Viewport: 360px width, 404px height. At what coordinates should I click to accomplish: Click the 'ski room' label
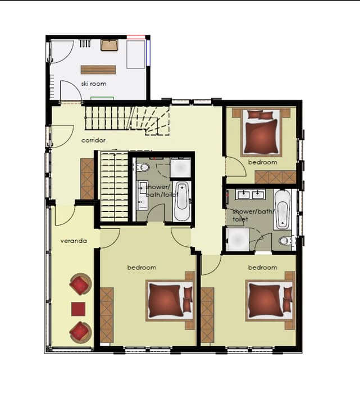tap(94, 84)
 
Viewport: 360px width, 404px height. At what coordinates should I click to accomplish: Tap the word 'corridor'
tap(93, 140)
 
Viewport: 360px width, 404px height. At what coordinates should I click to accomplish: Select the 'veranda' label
tap(74, 241)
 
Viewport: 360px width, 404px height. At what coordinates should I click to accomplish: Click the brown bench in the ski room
tap(98, 70)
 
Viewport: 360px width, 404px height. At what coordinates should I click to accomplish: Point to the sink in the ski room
tap(110, 45)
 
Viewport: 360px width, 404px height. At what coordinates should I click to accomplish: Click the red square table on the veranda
tap(78, 309)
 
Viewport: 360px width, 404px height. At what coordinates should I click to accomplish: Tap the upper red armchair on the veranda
tap(80, 284)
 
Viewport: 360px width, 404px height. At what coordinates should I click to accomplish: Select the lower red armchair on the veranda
tap(80, 332)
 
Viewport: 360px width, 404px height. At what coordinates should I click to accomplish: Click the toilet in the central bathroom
tap(143, 167)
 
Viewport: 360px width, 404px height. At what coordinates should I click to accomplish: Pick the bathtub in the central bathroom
tap(182, 201)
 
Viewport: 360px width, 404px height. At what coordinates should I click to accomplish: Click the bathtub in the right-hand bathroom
tap(282, 209)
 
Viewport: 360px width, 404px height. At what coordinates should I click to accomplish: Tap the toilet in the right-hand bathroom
tap(286, 241)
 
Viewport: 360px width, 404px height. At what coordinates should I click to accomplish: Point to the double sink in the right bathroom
tap(250, 194)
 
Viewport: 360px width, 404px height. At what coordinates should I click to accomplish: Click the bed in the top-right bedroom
tap(261, 132)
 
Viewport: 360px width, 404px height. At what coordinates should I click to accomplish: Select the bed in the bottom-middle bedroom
tap(170, 301)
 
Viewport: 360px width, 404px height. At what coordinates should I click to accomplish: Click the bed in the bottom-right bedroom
tap(270, 300)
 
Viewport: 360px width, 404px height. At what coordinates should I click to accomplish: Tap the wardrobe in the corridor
tap(87, 179)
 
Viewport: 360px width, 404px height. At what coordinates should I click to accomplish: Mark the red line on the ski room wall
tap(136, 38)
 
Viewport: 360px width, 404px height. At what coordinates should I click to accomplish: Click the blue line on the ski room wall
tap(148, 53)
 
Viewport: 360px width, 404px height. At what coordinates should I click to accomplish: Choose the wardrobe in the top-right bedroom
tap(275, 177)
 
